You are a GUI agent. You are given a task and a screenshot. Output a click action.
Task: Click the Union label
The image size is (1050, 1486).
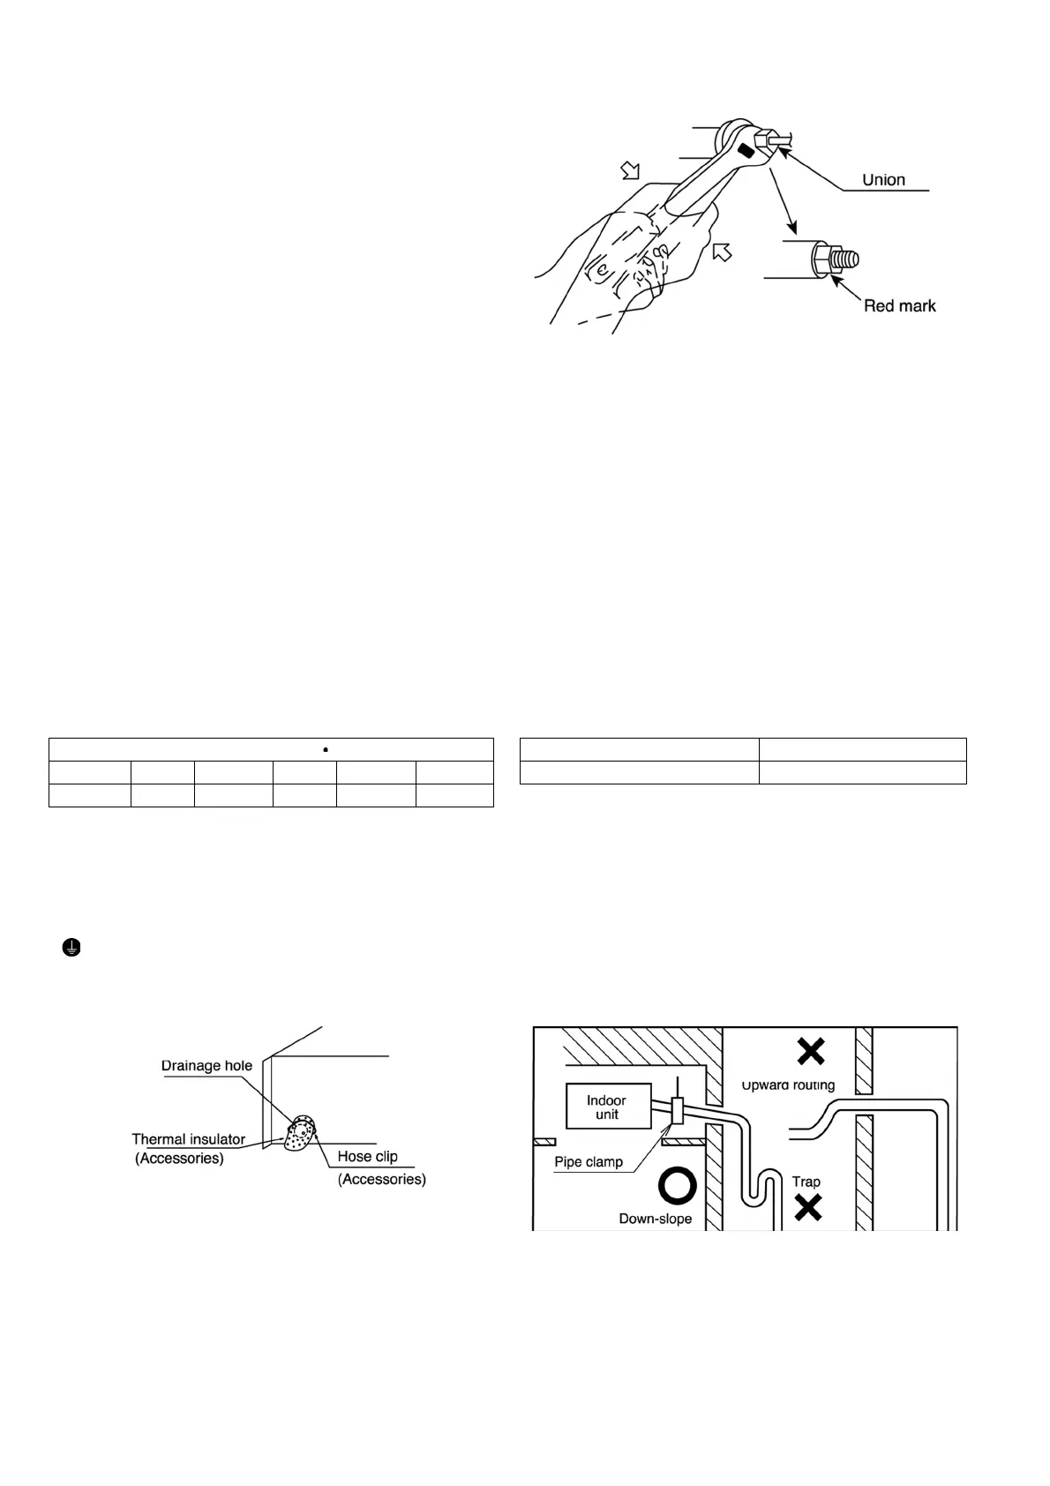tap(883, 180)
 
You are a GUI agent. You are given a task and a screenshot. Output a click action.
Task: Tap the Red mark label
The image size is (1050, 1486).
tap(899, 305)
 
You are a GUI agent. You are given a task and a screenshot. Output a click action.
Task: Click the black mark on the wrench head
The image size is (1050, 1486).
tap(746, 151)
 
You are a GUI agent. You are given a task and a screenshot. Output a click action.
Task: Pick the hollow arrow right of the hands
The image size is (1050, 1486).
tap(723, 253)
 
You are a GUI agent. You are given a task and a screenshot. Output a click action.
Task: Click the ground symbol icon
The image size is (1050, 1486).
tap(71, 948)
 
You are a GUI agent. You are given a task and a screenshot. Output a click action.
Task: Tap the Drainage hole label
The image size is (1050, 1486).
tap(206, 1065)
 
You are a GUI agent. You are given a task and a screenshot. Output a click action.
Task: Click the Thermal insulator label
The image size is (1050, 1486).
tap(188, 1139)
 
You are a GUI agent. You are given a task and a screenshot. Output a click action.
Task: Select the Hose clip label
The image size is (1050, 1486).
tap(367, 1156)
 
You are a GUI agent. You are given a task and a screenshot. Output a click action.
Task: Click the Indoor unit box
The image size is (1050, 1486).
tap(607, 1107)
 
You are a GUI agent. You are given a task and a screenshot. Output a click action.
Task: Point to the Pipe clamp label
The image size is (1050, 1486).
tap(589, 1161)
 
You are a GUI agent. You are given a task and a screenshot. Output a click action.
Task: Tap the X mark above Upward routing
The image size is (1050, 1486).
tap(811, 1050)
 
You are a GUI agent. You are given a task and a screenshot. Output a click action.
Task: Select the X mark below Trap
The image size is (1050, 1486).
tap(808, 1206)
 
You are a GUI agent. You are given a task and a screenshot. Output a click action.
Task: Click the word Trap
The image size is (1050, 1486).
tap(806, 1181)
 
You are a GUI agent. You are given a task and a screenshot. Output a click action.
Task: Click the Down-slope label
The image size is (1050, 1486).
tap(656, 1219)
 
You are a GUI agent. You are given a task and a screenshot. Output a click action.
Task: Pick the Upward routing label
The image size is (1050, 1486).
tap(788, 1084)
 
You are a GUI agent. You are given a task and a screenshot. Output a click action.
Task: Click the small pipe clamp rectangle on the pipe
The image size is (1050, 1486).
tap(678, 1112)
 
